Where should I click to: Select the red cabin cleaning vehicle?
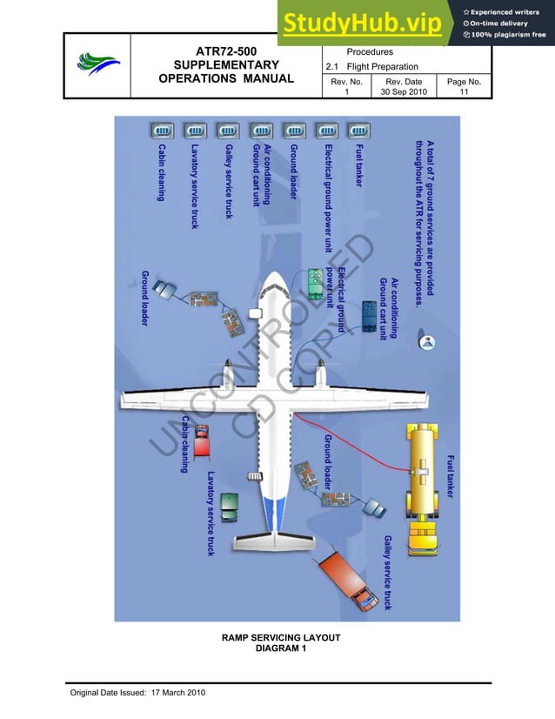pyautogui.click(x=201, y=440)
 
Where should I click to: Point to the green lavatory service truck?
pyautogui.click(x=229, y=506)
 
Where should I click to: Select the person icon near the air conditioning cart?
pyautogui.click(x=427, y=342)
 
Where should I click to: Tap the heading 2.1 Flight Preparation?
pyautogui.click(x=371, y=67)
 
